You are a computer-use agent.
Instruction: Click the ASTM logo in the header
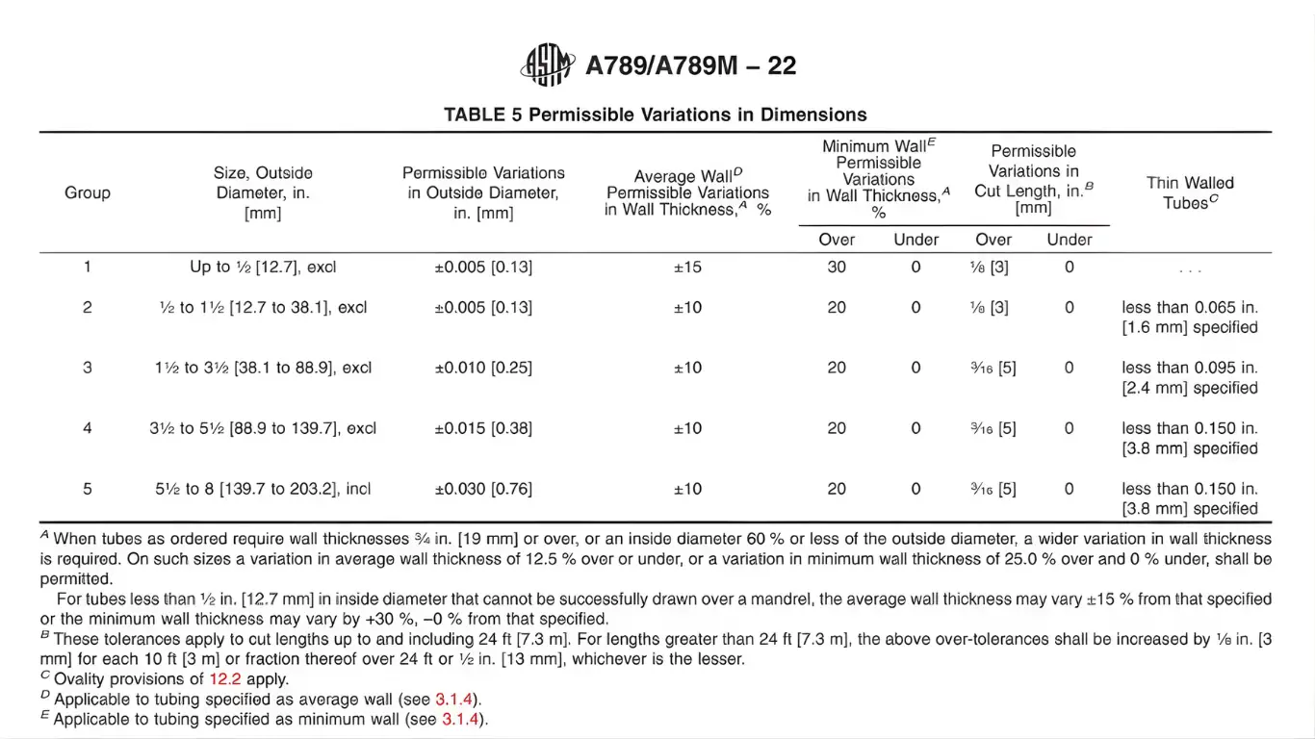[x=548, y=65]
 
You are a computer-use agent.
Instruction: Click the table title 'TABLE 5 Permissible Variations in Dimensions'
[x=655, y=115]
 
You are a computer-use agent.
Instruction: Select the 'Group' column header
[x=88, y=192]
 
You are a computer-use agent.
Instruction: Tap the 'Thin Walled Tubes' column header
[x=1190, y=192]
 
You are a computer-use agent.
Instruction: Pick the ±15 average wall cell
[x=687, y=267]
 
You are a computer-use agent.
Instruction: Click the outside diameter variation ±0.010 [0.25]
[x=483, y=368]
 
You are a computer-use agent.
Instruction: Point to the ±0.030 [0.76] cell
[x=483, y=489]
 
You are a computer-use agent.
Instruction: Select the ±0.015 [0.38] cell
[x=483, y=428]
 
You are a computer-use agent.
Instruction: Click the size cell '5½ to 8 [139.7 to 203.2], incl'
[x=263, y=489]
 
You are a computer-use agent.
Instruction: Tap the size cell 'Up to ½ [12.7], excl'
[x=263, y=267]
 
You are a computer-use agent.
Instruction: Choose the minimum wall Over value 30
[x=837, y=267]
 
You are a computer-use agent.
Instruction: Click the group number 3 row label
[x=88, y=368]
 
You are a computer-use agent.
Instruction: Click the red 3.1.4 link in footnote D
[x=456, y=699]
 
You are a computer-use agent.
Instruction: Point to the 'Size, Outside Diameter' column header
[x=263, y=192]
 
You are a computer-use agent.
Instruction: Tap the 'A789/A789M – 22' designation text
[x=691, y=65]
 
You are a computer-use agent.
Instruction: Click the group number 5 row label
[x=88, y=489]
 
